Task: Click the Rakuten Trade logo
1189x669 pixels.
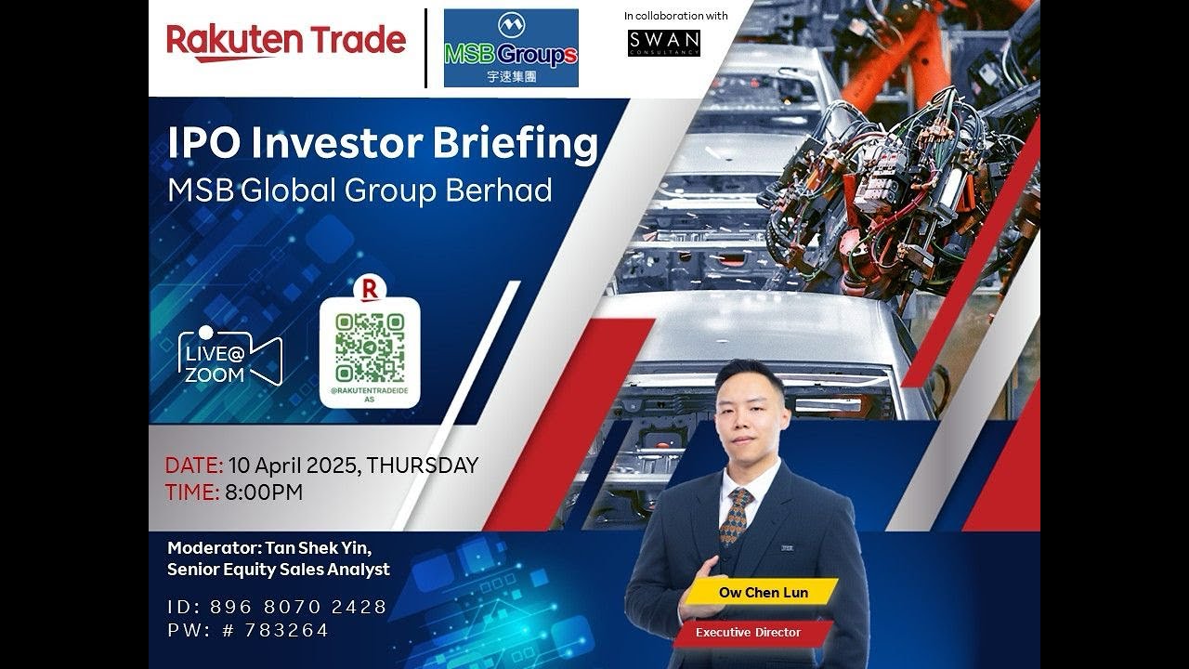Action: point(286,42)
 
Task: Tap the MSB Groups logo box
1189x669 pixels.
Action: point(511,48)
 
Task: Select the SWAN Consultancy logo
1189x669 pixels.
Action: point(663,43)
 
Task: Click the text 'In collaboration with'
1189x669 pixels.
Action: point(675,16)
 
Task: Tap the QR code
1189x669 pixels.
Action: point(370,348)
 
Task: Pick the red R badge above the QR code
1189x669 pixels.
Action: point(370,289)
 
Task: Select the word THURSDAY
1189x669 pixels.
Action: point(423,466)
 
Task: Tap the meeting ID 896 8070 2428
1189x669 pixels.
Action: point(298,607)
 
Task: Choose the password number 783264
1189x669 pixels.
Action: point(286,630)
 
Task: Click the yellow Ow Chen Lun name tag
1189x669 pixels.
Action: point(763,592)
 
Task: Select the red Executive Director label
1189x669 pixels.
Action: point(748,633)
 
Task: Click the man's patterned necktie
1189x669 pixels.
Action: point(736,516)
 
